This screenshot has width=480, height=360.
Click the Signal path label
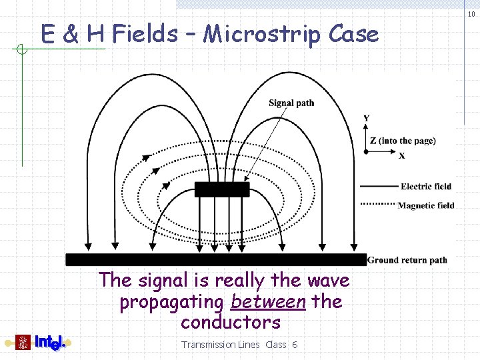291,103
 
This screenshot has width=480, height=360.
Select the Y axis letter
367,119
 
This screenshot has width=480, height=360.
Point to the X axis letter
402,156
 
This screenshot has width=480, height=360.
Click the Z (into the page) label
403,141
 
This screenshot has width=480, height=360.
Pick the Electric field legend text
426,187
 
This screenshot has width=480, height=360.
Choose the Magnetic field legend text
426,205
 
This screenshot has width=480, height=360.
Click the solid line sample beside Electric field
378,187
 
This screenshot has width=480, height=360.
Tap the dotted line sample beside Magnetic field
378,204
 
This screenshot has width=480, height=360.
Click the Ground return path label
407,260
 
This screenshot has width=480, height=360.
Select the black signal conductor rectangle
222,189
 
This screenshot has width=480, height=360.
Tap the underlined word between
267,302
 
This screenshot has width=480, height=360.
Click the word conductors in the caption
230,323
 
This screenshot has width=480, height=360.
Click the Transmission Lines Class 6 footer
239,345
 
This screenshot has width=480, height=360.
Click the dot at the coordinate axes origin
366,152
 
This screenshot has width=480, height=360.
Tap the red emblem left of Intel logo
24,343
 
